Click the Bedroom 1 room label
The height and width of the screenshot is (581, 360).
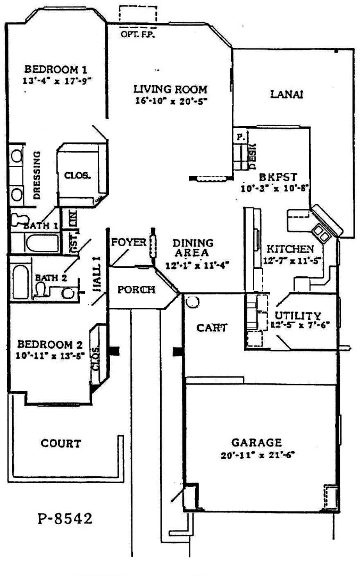[56, 69]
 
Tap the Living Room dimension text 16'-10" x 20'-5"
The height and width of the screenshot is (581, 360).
[170, 100]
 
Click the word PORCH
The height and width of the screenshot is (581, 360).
[136, 290]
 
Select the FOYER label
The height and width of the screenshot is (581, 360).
[128, 242]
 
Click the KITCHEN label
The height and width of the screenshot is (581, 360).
[290, 249]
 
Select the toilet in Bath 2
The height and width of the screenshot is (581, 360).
[40, 289]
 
